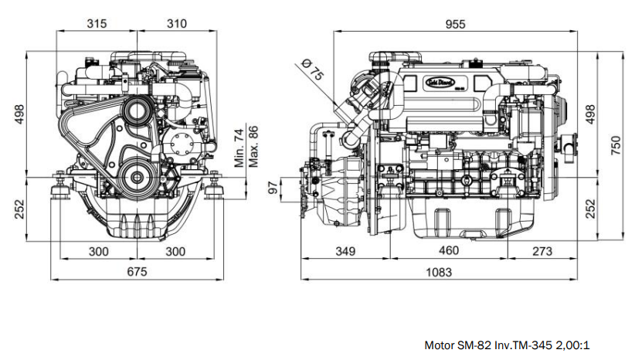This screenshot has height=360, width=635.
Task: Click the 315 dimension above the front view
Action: point(97,24)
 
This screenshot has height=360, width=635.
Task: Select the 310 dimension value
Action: point(178,24)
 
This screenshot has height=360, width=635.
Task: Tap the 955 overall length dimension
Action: point(455,24)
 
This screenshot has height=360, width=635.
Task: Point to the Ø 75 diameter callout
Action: point(312,70)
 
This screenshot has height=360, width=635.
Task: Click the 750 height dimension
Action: point(616,145)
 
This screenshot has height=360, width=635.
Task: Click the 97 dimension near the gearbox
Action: point(272,188)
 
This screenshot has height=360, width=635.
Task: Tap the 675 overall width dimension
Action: point(136,271)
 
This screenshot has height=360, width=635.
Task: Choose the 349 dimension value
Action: point(346,250)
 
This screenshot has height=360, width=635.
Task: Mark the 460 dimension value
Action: point(449,250)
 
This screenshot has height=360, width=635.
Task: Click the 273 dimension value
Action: point(543,250)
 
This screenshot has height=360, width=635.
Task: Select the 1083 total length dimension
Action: point(440,271)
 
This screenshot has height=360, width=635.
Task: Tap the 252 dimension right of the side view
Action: point(589,208)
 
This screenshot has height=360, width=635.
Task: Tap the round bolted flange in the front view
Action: point(183,144)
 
